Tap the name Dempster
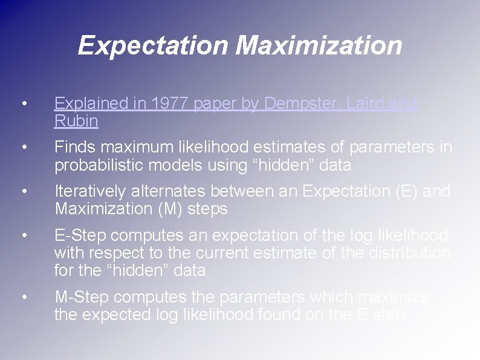pos(288,104)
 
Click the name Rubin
pos(76,121)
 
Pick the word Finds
pos(76,148)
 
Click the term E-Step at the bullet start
pos(81,235)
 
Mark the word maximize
pos(395,297)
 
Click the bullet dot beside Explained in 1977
pos(23,104)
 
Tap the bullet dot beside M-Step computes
pos(23,297)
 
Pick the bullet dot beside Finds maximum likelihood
pos(23,148)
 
